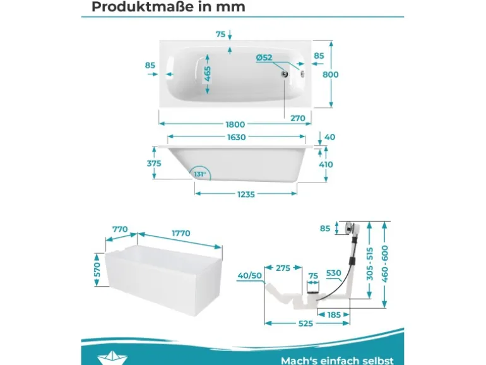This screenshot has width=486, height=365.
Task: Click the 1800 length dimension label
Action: click(x=235, y=124)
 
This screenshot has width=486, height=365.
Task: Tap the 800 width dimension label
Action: click(x=330, y=75)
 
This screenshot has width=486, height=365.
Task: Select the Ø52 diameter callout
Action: click(x=264, y=57)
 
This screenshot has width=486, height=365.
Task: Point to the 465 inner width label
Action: click(x=208, y=74)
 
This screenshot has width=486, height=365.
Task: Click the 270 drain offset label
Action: click(x=298, y=118)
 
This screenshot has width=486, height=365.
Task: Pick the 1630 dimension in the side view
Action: click(x=236, y=137)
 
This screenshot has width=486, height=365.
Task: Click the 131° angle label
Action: click(x=200, y=174)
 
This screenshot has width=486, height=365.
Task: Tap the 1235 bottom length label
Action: click(x=246, y=194)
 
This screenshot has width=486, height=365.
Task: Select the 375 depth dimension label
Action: click(x=154, y=163)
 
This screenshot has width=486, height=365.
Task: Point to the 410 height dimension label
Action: click(x=326, y=164)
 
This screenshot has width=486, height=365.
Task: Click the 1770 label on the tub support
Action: click(x=181, y=233)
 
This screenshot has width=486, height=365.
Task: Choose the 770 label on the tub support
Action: click(x=120, y=229)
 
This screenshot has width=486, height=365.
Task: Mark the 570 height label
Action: click(x=97, y=270)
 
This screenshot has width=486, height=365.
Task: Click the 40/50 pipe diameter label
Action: click(x=250, y=275)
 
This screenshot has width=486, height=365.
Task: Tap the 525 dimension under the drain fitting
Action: click(x=305, y=323)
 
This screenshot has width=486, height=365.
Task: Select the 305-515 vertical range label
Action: click(x=370, y=263)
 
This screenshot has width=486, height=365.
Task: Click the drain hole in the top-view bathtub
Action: click(x=285, y=74)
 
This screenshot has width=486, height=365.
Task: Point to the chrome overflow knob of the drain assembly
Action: click(x=349, y=227)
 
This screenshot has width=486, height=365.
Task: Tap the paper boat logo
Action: click(x=112, y=358)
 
